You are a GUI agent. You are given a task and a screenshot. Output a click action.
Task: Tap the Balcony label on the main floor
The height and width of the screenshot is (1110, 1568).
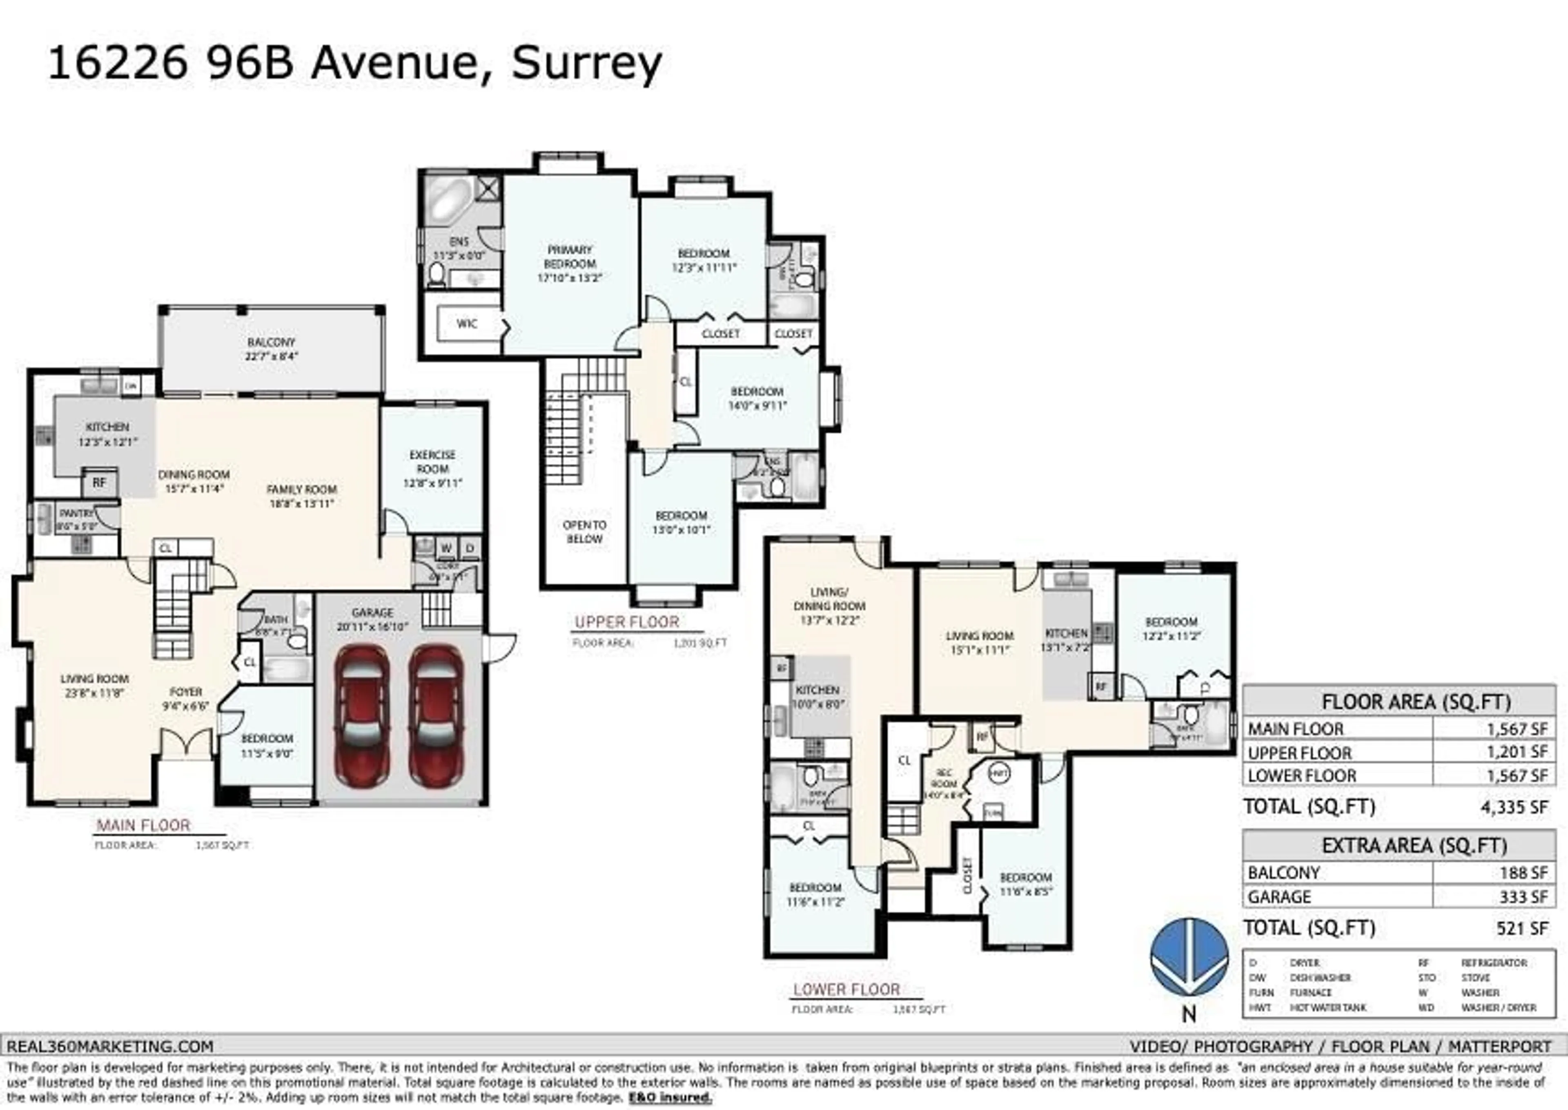click(271, 348)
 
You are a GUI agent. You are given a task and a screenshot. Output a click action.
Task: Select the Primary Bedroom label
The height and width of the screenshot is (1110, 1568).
click(570, 263)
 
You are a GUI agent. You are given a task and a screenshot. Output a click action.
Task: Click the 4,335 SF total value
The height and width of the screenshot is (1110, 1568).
click(1514, 807)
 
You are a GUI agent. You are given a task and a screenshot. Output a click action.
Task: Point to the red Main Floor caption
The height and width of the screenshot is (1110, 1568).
click(143, 825)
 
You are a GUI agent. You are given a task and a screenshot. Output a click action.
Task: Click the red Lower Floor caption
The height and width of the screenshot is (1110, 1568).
click(846, 989)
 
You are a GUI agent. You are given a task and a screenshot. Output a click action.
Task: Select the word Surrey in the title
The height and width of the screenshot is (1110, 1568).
click(587, 64)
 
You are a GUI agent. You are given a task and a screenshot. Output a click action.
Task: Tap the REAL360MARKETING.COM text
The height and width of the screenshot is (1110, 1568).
click(110, 1046)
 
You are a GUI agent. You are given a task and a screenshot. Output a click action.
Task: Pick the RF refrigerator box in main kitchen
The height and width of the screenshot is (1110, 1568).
click(100, 482)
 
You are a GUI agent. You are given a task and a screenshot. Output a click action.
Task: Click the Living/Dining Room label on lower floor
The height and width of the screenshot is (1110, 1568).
click(829, 605)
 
